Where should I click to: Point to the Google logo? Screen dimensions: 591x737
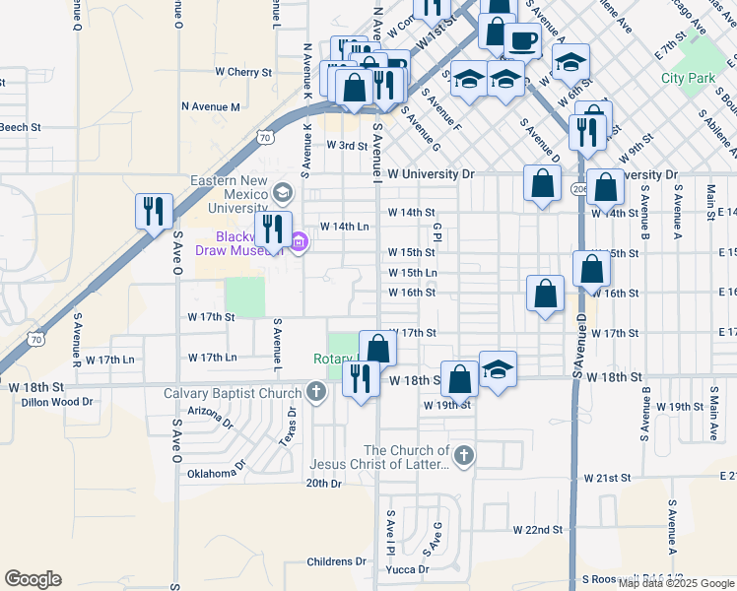(33, 579)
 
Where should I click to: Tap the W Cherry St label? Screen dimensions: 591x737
(243, 72)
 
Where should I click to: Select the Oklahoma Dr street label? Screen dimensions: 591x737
(213, 474)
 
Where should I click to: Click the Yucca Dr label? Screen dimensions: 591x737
(409, 569)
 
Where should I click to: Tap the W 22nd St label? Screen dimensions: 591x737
(537, 529)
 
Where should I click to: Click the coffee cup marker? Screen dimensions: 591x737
(522, 41)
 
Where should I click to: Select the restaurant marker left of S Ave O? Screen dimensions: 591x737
(154, 211)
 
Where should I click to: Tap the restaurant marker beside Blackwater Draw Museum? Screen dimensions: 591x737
(272, 230)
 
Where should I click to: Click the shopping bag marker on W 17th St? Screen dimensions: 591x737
(377, 349)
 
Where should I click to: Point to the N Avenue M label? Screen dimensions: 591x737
(210, 106)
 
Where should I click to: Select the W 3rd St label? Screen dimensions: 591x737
(347, 145)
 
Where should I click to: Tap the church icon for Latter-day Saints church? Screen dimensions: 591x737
(464, 456)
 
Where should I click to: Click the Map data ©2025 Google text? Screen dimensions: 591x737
(677, 582)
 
